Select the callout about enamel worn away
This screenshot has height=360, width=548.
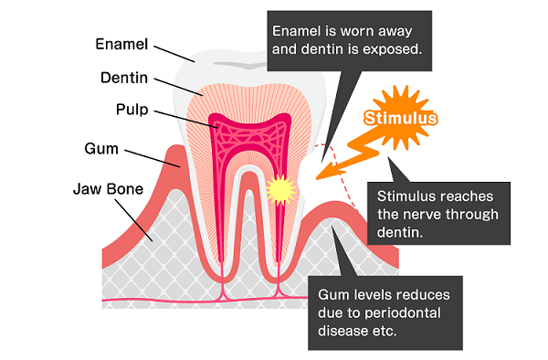(347, 37)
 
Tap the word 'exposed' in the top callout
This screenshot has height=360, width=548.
(394, 48)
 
